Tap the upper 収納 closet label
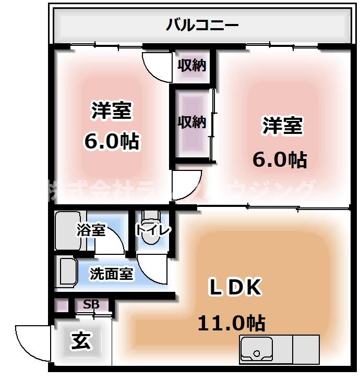coord(191,66)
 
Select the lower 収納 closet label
coord(191,122)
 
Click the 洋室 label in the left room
coord(112,111)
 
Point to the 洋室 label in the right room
coord(282,126)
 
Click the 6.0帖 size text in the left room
coord(111,141)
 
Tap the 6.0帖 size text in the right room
coord(280,159)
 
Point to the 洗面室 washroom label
coord(111,273)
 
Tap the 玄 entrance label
coord(82,342)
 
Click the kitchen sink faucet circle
coord(256,354)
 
